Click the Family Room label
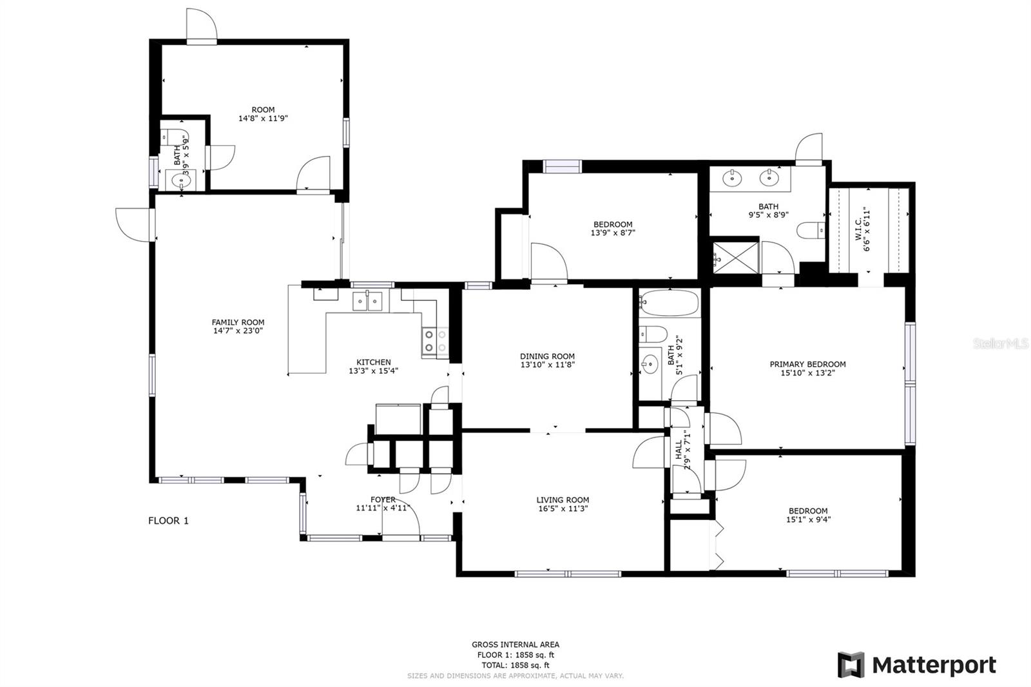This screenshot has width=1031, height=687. pos(238,322)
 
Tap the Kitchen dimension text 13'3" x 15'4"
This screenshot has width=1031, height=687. pos(374,371)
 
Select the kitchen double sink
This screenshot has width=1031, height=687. pos(367,301)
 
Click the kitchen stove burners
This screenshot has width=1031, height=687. pos(435,342)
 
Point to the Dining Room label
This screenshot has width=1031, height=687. pos(547,356)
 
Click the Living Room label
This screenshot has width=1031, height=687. pos(563,499)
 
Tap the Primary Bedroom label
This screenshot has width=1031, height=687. pos(807,364)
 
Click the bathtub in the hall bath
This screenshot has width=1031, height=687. pos(669,303)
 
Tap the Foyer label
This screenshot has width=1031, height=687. pos(383,499)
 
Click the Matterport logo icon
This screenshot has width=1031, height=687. pos(851,664)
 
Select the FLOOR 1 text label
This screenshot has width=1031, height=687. pos(168,521)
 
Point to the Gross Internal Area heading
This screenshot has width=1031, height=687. pos(515,644)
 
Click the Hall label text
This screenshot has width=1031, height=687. pos(679,450)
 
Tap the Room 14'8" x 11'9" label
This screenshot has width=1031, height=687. pos(263,114)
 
